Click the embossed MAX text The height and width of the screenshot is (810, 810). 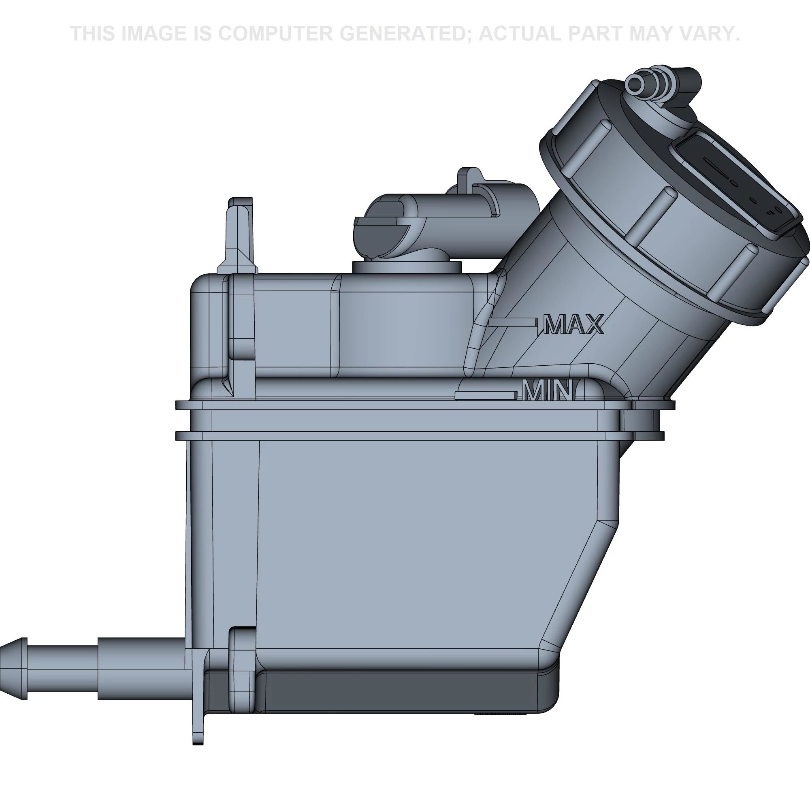(x=573, y=324)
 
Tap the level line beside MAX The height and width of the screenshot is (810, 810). (x=512, y=322)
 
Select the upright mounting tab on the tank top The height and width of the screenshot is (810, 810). (x=240, y=235)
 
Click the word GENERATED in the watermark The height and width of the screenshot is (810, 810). (x=401, y=34)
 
